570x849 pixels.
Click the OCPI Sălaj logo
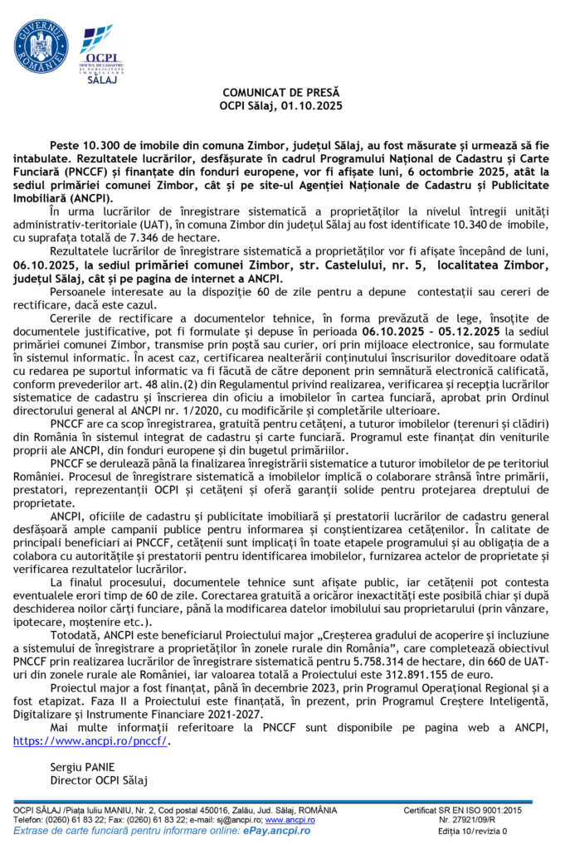point(101,55)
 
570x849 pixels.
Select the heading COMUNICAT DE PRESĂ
point(281,91)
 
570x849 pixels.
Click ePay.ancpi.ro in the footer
point(278,830)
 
